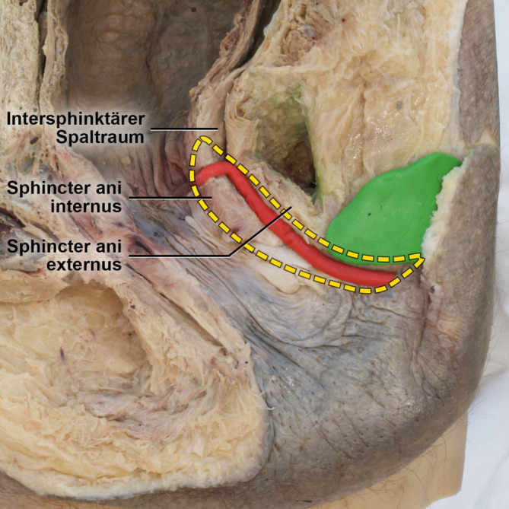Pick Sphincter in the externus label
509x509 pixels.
(52, 247)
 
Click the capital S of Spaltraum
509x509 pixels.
(62, 137)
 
